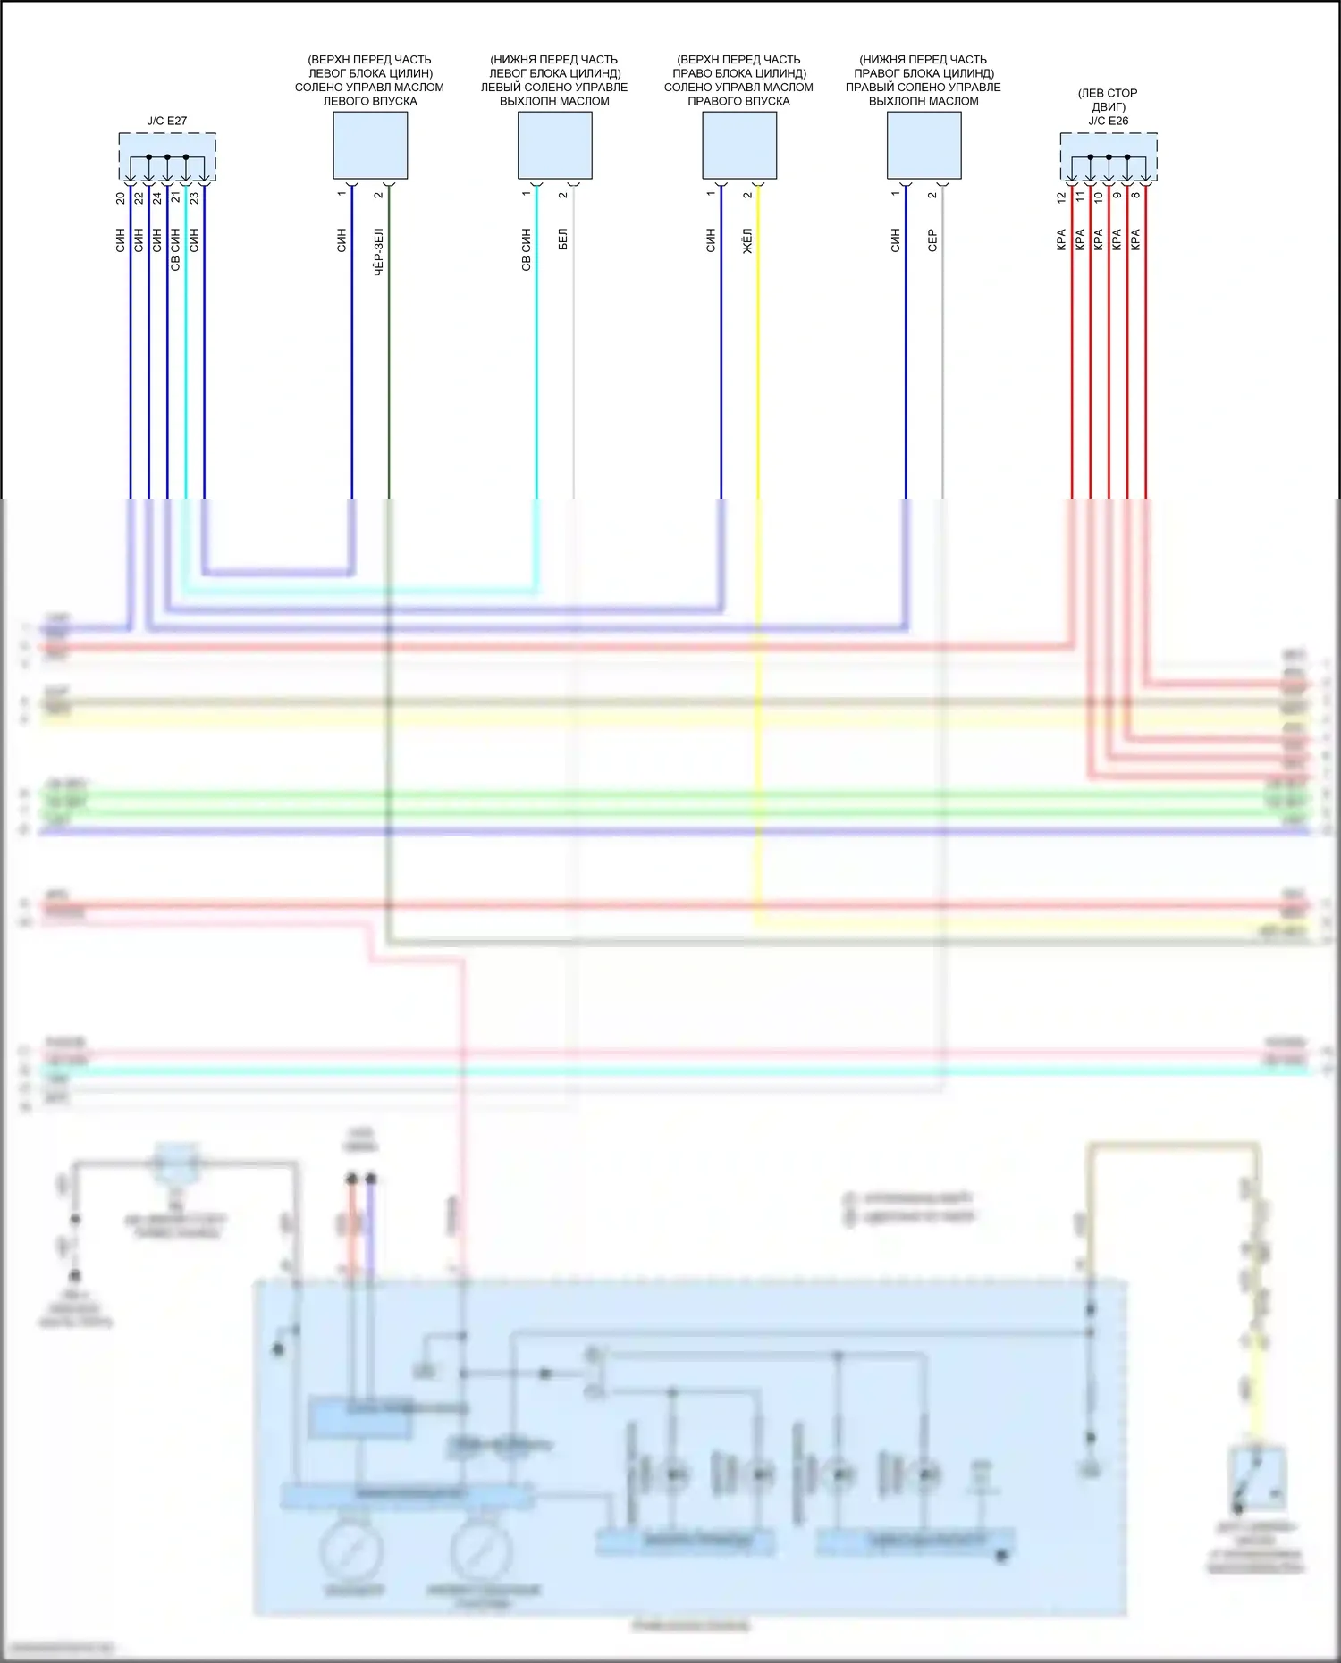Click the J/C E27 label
pos(167,121)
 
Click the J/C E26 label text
pos(1108,121)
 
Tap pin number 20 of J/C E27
pos(121,197)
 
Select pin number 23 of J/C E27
pos(194,197)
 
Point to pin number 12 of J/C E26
pos(1061,197)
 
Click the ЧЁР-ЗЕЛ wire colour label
pos(378,251)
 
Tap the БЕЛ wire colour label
pos(563,239)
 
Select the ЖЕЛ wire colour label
pos(747,240)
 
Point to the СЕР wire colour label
pos(932,240)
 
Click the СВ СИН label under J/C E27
pos(175,249)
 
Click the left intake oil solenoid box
pos(370,145)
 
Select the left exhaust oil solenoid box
pos(554,145)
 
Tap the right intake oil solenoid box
pos(739,145)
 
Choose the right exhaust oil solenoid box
pos(924,145)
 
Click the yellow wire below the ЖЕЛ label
pos(758,375)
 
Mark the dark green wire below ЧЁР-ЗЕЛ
pos(388,375)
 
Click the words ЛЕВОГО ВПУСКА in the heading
pos(370,101)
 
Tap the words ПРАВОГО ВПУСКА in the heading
pos(738,101)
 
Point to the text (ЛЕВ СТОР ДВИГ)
pos(1108,99)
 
